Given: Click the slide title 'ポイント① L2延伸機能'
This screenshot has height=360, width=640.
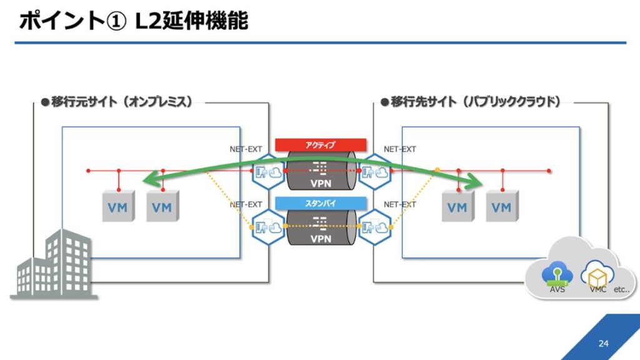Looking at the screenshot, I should coord(133,21).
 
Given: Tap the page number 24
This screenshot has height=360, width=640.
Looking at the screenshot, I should coord(602,343).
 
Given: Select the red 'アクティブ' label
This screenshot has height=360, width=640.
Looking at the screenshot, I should coord(321,145).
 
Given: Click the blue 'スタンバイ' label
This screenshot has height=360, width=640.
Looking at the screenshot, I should coord(321,202).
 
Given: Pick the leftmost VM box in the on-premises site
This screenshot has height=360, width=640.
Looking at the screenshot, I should coord(117,206).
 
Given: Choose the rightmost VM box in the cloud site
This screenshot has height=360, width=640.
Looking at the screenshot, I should coord(501,206).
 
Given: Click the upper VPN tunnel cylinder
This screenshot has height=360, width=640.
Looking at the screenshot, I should coord(321,171).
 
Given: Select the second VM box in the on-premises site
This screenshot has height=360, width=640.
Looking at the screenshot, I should coord(161,206).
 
